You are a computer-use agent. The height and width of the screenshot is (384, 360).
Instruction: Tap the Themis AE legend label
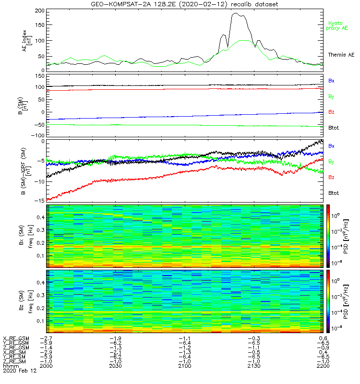pyautogui.click(x=339, y=55)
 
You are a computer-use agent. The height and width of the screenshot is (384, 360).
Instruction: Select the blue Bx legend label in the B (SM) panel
pyautogui.click(x=331, y=81)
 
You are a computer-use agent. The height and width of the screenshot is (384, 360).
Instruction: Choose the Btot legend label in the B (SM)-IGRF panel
pyautogui.click(x=334, y=192)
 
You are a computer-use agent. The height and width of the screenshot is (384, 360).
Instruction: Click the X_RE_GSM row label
pyautogui.click(x=16, y=338)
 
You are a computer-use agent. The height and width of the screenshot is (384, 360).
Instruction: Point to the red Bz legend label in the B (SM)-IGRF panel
pyautogui.click(x=331, y=178)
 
